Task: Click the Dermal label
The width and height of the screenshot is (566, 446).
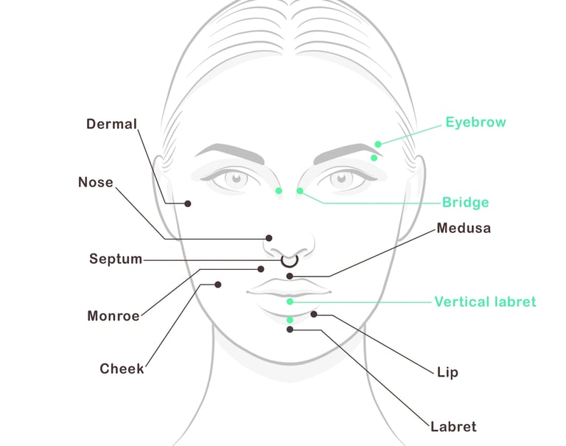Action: [112, 124]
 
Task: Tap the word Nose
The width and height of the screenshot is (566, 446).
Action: [96, 182]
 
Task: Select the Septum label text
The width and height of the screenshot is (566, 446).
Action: [116, 259]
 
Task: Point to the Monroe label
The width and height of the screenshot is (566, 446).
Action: [113, 316]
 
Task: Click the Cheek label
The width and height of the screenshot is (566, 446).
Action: [122, 369]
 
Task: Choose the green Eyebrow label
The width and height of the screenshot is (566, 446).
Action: [475, 122]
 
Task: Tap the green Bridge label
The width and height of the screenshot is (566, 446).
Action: [465, 202]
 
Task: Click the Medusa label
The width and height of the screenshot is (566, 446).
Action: [464, 229]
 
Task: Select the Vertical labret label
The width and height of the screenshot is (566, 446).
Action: [485, 302]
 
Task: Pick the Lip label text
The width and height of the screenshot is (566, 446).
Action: [447, 372]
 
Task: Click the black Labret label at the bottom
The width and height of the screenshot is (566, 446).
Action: [453, 427]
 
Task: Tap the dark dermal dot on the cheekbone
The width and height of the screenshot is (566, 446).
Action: [188, 203]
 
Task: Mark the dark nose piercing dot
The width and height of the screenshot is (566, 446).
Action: [269, 238]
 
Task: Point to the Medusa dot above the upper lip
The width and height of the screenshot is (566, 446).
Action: [290, 276]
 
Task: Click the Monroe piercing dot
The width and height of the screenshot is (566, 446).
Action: [261, 269]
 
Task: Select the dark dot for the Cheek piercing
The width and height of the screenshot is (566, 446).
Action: [218, 285]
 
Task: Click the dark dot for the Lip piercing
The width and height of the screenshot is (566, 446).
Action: [313, 315]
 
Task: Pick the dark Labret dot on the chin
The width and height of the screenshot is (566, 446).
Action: [290, 330]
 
